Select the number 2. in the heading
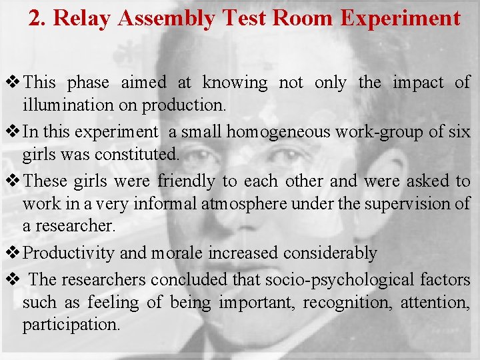[x=37, y=18]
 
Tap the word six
[x=459, y=131]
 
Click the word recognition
[x=347, y=302]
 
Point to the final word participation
[x=71, y=325]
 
